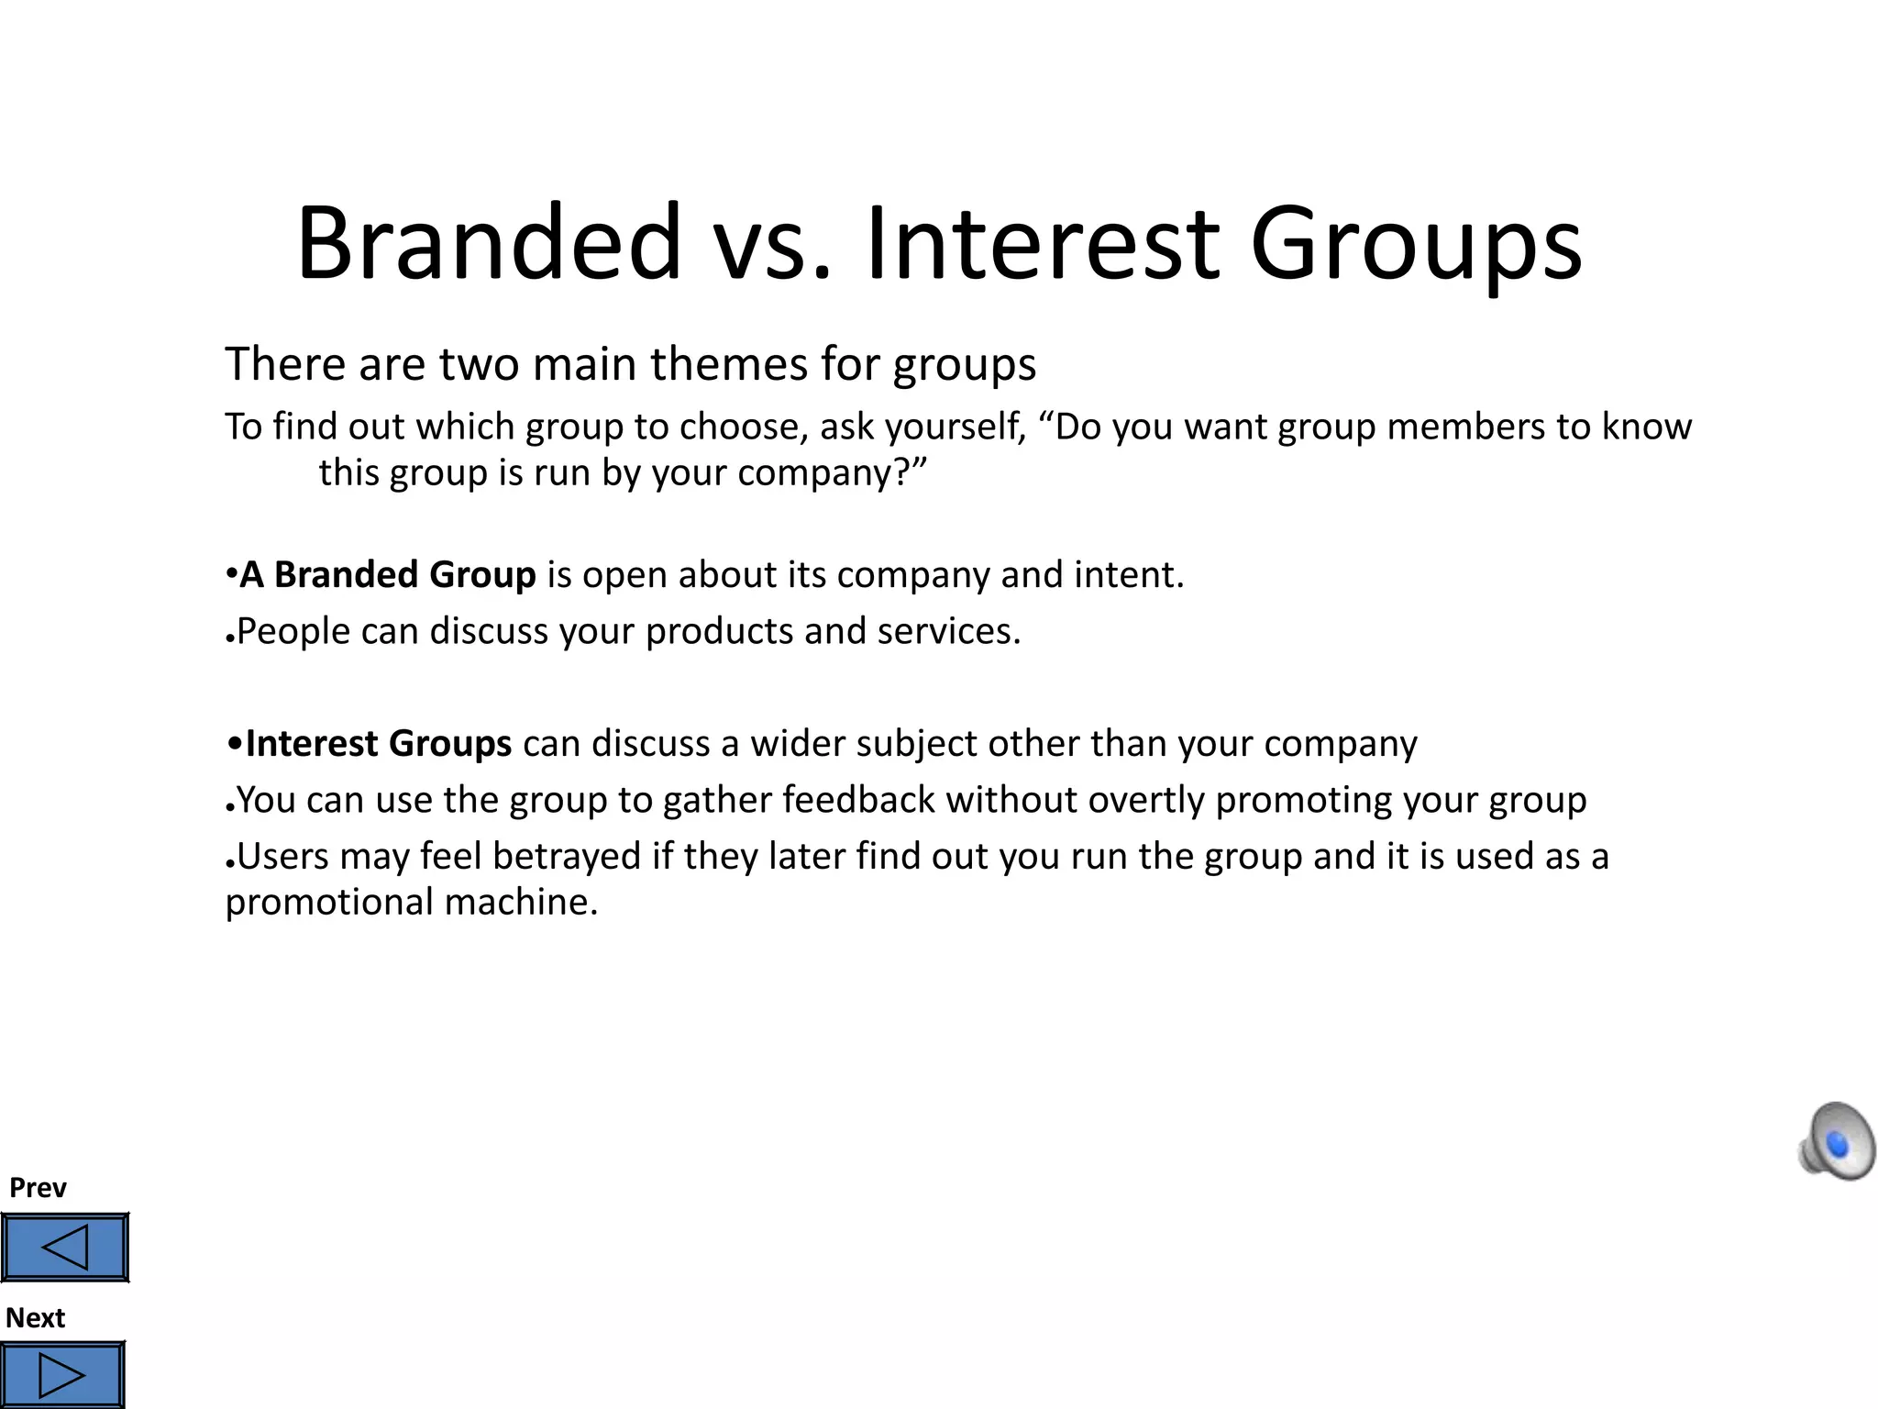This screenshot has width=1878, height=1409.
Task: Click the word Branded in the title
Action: tap(489, 243)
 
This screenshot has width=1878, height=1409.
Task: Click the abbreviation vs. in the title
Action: tap(773, 243)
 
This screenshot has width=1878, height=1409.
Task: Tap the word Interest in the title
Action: tap(1043, 243)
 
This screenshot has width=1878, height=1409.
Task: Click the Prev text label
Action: tap(38, 1188)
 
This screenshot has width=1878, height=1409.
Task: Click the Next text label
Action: tap(35, 1318)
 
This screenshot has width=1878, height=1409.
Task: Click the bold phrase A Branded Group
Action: tap(387, 575)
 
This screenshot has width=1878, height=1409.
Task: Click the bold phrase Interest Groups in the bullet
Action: tap(378, 744)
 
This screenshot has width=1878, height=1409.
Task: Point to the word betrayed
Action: tap(567, 857)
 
